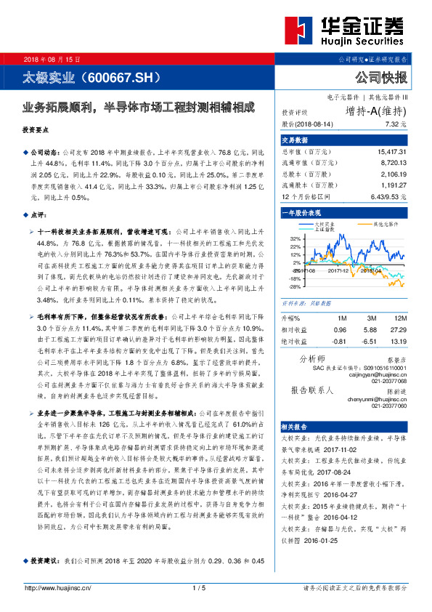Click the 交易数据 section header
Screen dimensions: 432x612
click(296, 140)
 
